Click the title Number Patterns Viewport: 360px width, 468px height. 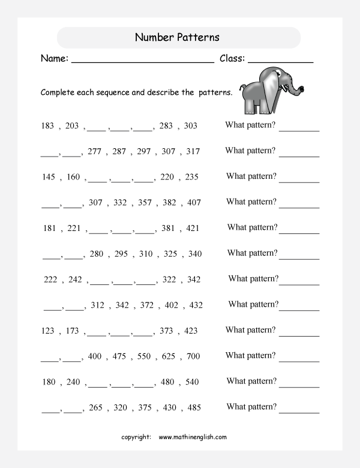click(177, 37)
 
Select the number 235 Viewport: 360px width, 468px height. click(191, 177)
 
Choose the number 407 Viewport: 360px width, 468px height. click(193, 202)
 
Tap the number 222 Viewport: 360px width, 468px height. click(51, 280)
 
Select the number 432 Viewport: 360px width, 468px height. click(196, 305)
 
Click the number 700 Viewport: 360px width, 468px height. click(193, 356)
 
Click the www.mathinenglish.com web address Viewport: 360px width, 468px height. click(193, 437)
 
